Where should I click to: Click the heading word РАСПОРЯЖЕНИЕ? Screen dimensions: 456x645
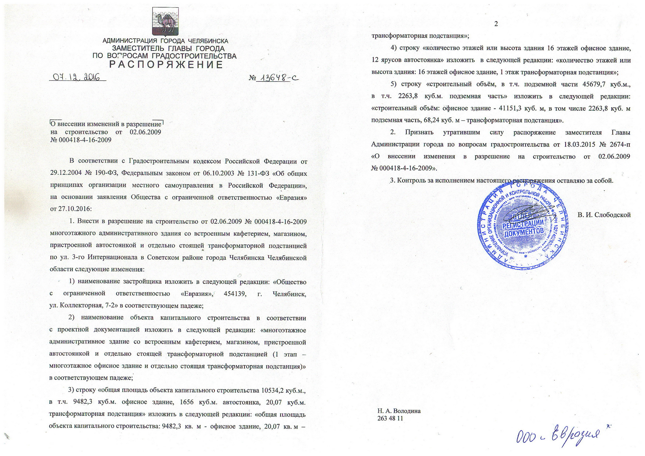click(x=166, y=64)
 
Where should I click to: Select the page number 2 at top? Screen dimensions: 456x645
click(x=496, y=24)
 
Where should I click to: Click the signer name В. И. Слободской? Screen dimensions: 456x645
click(x=604, y=215)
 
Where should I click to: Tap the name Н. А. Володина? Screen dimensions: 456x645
click(x=399, y=411)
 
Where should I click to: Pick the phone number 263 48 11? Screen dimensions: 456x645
click(x=390, y=418)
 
